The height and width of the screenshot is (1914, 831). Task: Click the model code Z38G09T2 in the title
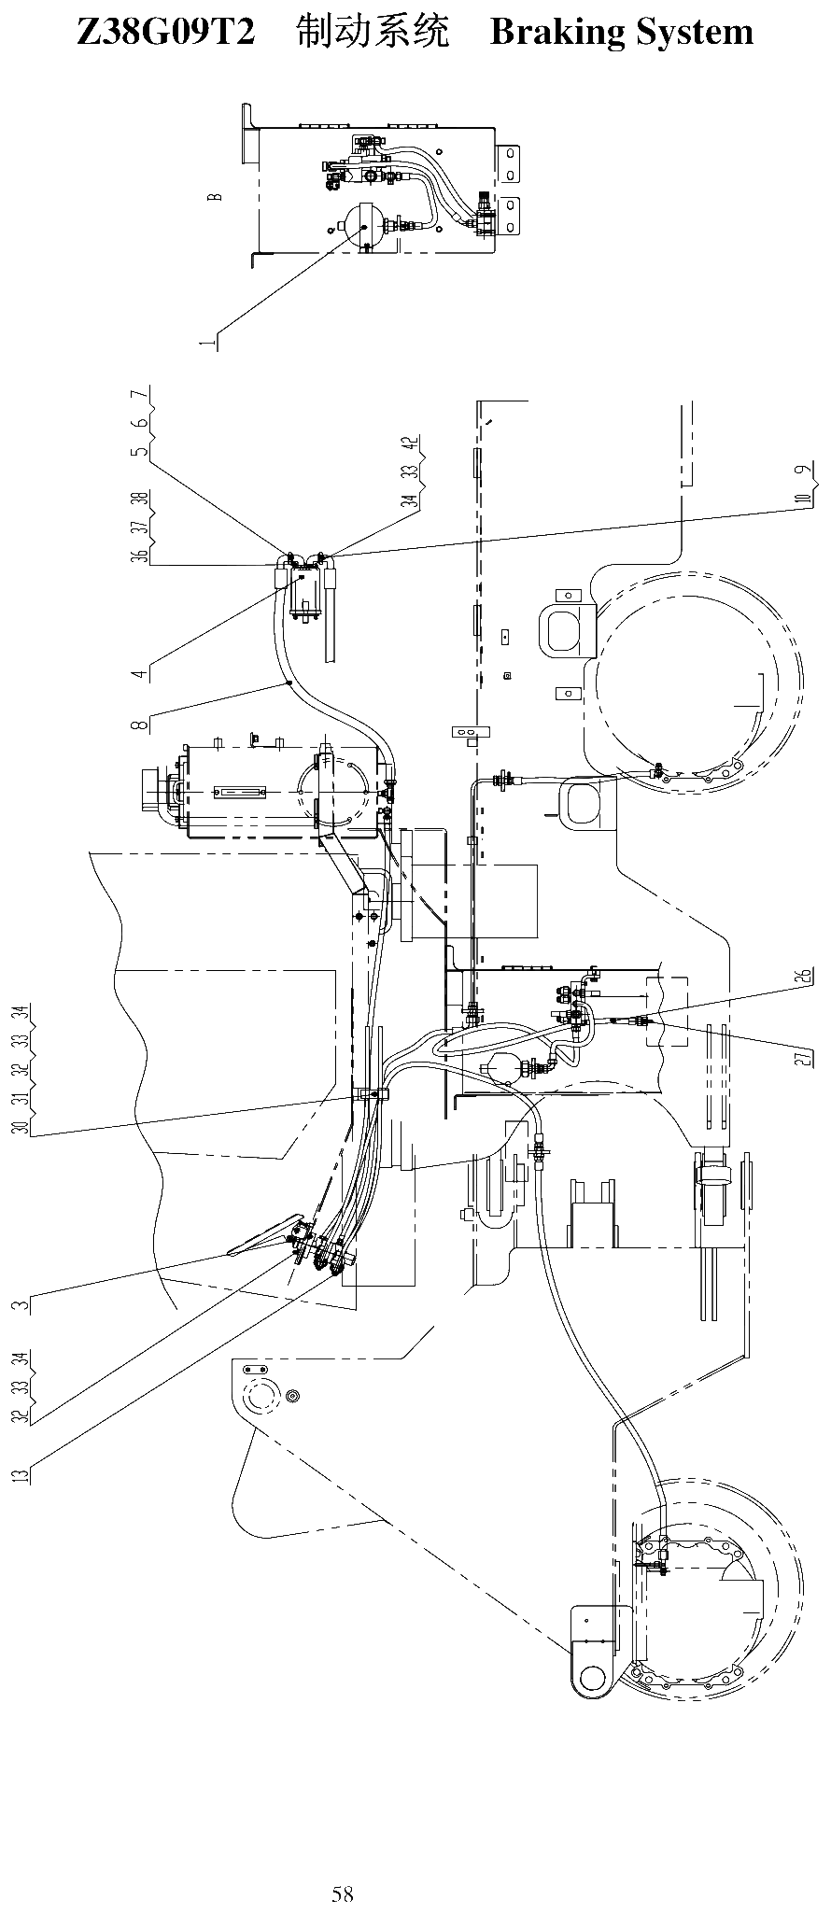click(x=165, y=33)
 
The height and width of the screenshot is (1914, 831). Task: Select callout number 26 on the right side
click(x=802, y=977)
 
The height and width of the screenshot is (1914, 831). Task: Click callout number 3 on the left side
click(x=21, y=1303)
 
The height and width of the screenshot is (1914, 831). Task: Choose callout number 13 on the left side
click(x=21, y=1475)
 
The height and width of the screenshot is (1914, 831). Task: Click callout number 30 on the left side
click(x=21, y=1126)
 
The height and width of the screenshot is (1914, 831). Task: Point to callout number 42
click(x=409, y=444)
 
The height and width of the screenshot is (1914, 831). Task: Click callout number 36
click(x=138, y=555)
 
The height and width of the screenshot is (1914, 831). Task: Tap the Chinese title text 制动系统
click(x=373, y=33)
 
